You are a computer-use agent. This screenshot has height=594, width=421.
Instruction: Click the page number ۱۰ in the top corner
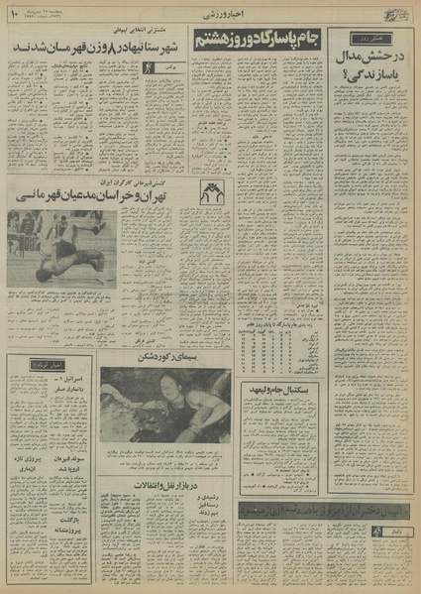coord(13,13)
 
